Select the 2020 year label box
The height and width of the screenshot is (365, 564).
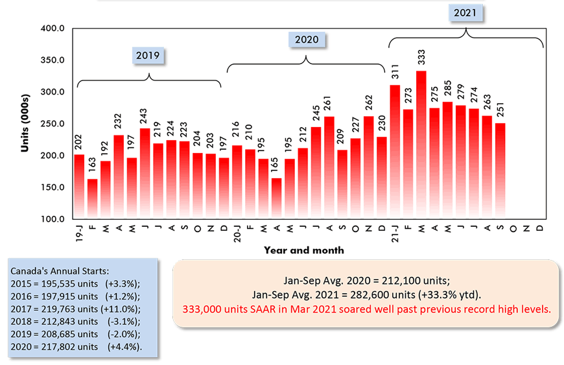click(306, 40)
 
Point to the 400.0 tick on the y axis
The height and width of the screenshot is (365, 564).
click(53, 29)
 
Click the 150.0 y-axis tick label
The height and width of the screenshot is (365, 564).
click(53, 187)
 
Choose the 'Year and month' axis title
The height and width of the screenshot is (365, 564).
click(304, 250)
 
